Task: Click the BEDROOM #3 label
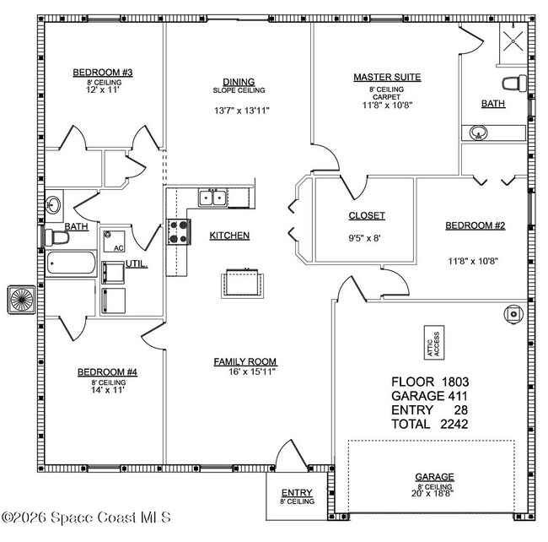click(x=102, y=73)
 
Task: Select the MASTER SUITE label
click(x=387, y=78)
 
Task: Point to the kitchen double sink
click(x=212, y=198)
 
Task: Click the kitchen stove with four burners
click(x=178, y=230)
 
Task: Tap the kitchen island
click(x=242, y=282)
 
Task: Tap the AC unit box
click(x=114, y=241)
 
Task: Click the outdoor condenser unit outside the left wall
click(x=20, y=299)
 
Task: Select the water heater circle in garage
click(x=512, y=313)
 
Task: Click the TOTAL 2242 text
click(x=429, y=424)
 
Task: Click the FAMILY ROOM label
click(x=244, y=362)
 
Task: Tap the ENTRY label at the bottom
click(x=296, y=493)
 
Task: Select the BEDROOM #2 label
click(x=475, y=225)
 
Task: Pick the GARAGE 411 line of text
click(x=429, y=395)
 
